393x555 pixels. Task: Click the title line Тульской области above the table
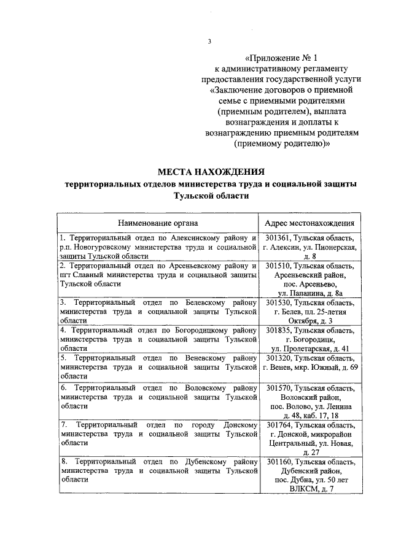pyautogui.click(x=211, y=195)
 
